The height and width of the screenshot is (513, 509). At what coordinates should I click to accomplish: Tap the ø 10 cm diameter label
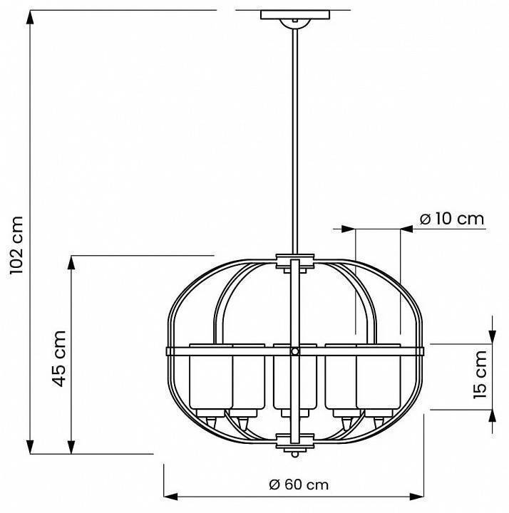(451, 219)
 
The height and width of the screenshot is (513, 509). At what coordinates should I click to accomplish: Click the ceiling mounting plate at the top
(294, 14)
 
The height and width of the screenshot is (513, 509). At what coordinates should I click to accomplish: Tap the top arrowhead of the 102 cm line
(30, 17)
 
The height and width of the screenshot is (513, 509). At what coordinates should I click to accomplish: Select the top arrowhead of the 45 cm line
(71, 261)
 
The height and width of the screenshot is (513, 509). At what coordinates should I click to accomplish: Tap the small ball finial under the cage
(294, 452)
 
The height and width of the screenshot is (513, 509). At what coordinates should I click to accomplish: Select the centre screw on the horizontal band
(294, 351)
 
